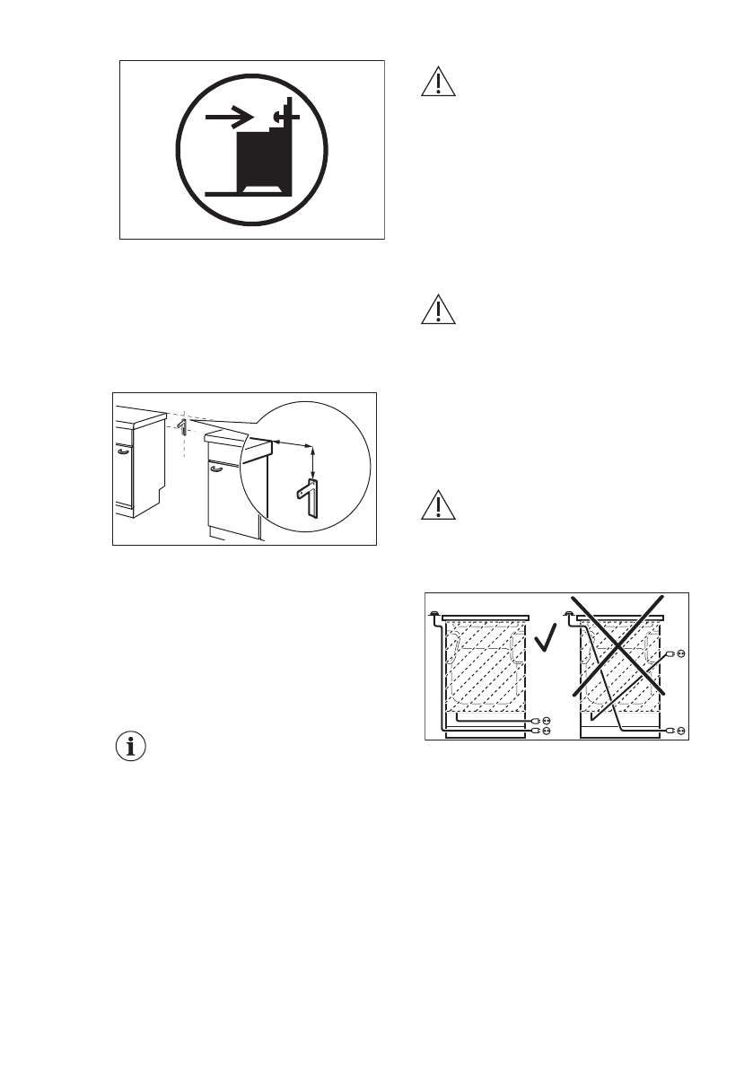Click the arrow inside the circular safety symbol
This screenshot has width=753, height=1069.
click(x=229, y=117)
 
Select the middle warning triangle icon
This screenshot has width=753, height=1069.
click(x=438, y=310)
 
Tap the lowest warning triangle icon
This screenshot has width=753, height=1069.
click(x=438, y=506)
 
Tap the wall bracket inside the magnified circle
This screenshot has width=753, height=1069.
click(x=308, y=497)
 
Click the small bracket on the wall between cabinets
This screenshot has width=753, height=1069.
click(x=181, y=426)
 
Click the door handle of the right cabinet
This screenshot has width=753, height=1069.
click(x=215, y=467)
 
